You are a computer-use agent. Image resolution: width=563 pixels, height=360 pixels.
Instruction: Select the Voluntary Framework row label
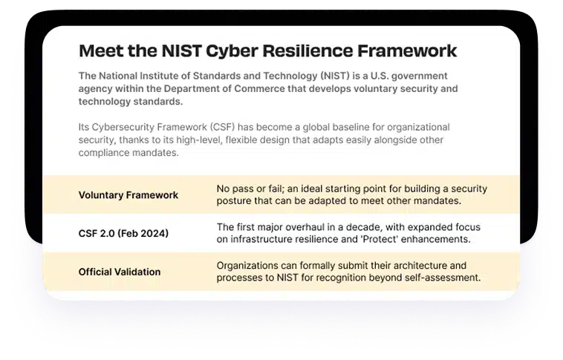point(128,195)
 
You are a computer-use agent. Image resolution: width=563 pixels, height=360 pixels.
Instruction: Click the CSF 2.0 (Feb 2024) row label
point(123,234)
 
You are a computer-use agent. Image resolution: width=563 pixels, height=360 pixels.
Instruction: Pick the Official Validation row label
point(120,272)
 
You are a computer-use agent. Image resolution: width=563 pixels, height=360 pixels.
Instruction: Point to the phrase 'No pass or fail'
point(248,189)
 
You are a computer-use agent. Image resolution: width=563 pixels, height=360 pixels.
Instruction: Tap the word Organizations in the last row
point(249,265)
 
